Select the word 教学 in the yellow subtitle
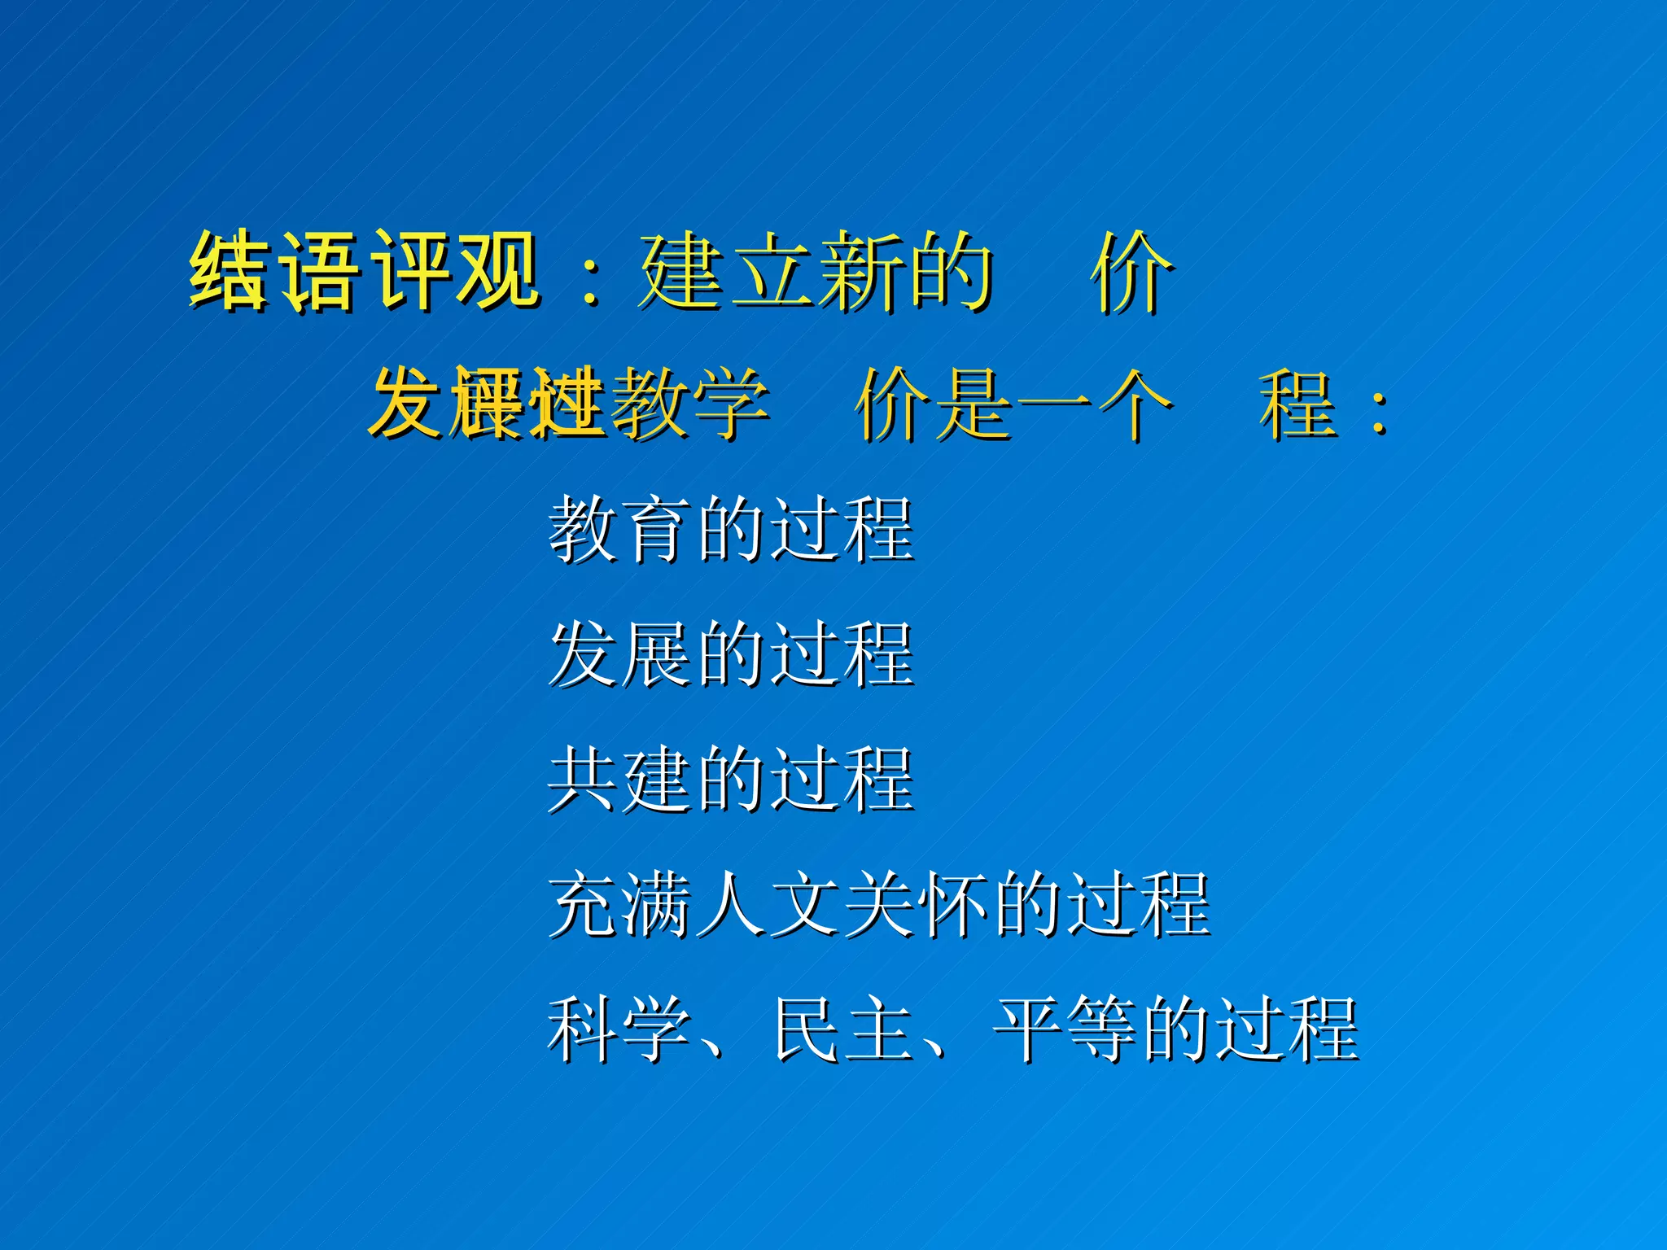tap(689, 403)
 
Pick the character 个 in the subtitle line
tap(1131, 403)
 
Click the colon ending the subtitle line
tap(1378, 411)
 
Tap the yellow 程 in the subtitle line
tap(1297, 403)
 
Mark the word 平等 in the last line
tap(1065, 1029)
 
